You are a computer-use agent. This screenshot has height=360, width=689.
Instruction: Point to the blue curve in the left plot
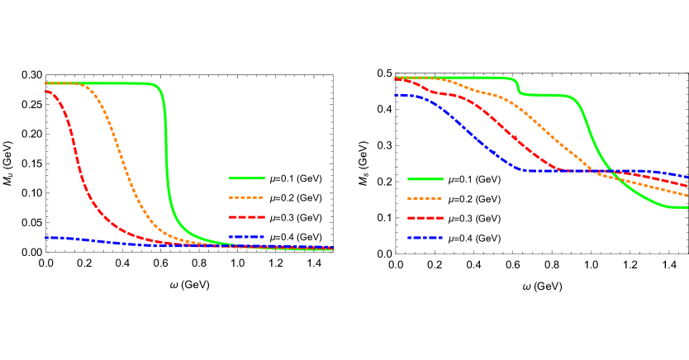99,241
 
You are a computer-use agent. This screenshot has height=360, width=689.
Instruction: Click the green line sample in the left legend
246,178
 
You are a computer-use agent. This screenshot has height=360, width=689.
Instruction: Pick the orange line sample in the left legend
246,198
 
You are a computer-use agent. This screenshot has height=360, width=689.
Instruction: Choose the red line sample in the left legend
246,217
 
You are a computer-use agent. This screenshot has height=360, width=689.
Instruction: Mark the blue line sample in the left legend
246,238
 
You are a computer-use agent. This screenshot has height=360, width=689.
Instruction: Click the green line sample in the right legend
425,179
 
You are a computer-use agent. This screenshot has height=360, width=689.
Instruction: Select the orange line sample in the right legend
425,199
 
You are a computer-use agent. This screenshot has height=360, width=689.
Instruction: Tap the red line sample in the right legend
425,218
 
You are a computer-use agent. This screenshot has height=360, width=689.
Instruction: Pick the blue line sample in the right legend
425,238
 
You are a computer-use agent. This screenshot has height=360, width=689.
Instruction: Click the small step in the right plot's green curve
519,88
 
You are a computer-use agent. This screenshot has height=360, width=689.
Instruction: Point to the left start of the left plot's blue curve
47,238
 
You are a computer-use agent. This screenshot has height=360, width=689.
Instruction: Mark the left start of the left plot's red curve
47,92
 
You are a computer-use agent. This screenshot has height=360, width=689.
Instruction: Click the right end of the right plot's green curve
687,207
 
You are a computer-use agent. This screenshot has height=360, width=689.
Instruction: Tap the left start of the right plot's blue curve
397,95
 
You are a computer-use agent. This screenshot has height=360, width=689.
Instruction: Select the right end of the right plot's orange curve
687,195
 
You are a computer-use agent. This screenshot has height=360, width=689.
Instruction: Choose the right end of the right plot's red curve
687,185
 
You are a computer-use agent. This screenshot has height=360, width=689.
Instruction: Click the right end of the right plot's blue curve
687,177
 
